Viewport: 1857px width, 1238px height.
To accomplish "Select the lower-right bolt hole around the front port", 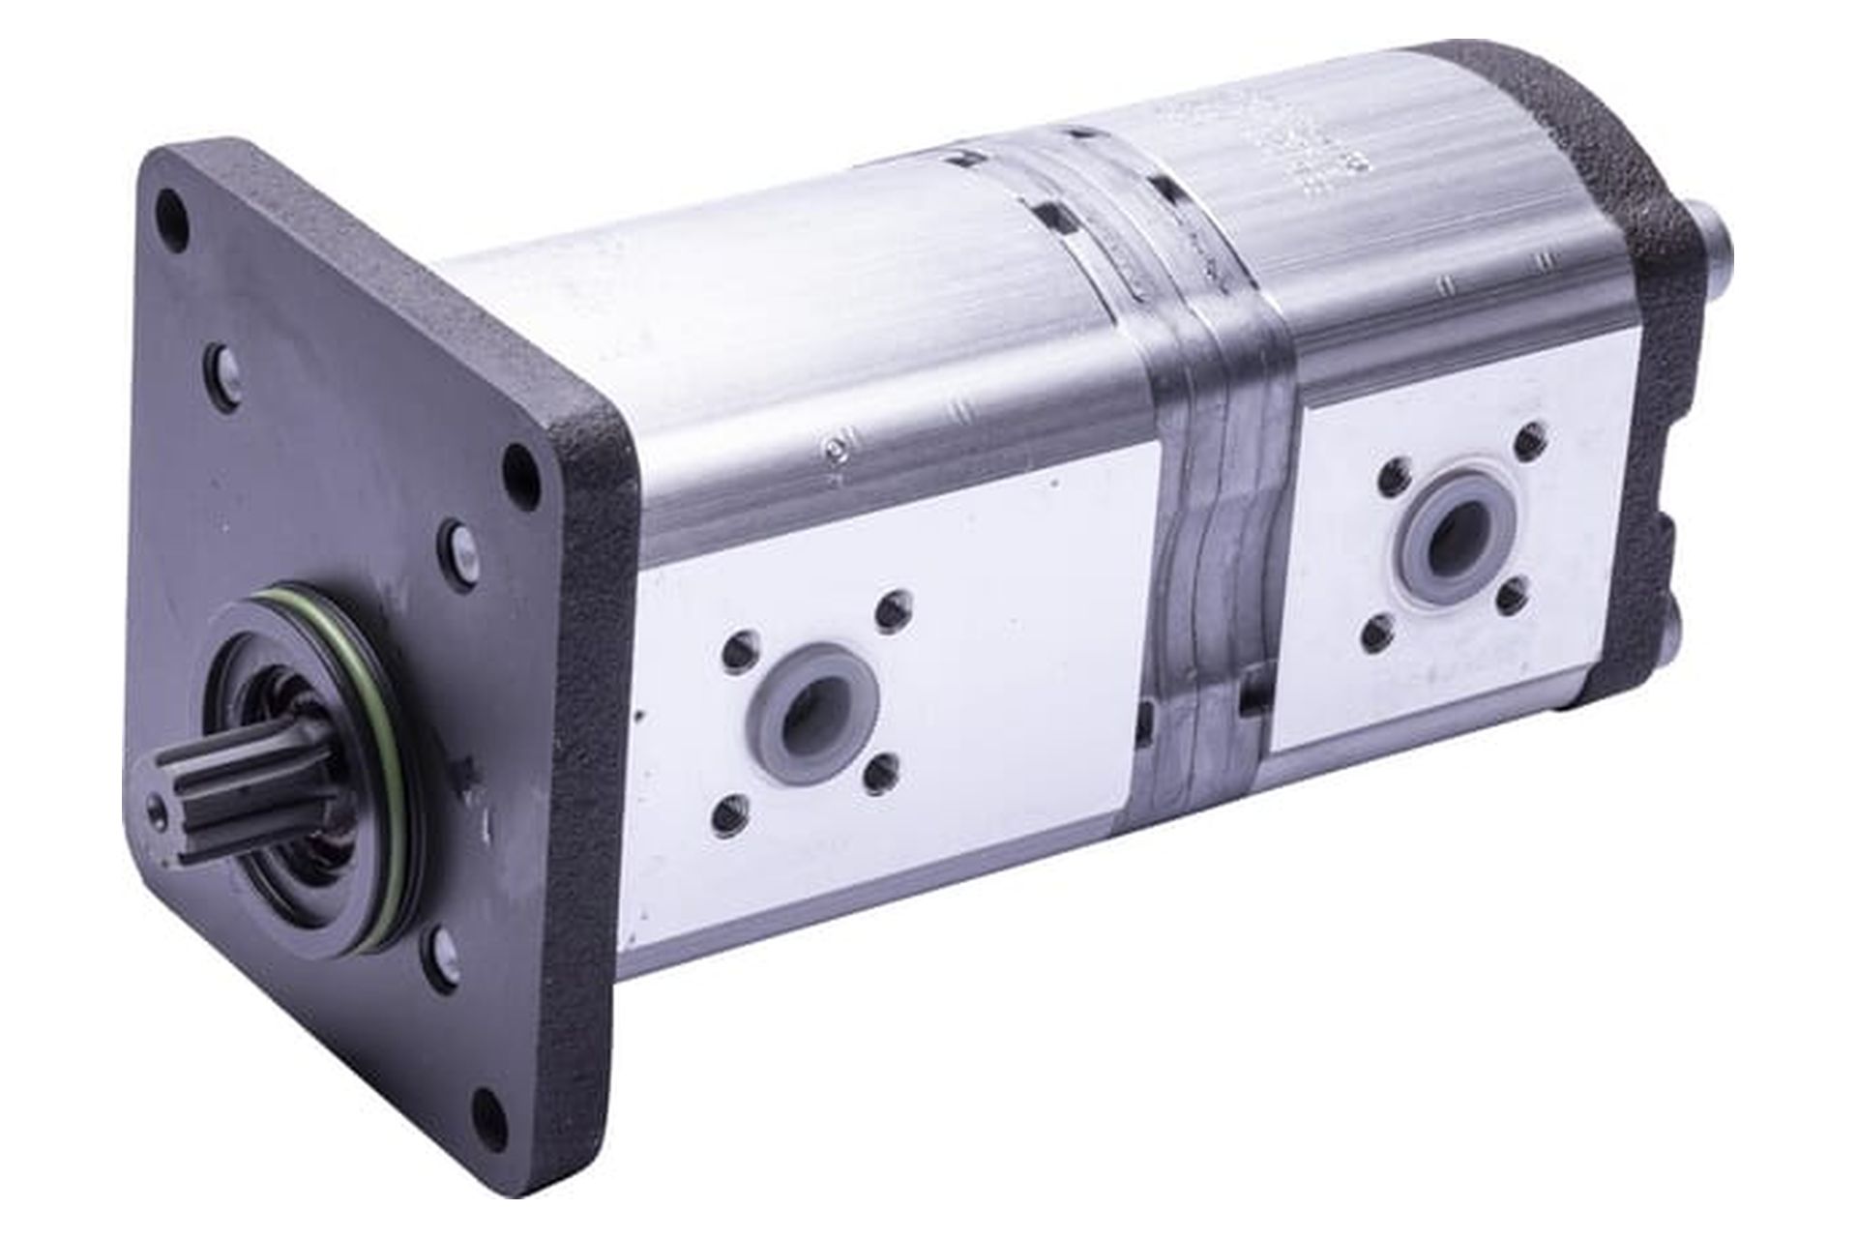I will (x=881, y=776).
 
